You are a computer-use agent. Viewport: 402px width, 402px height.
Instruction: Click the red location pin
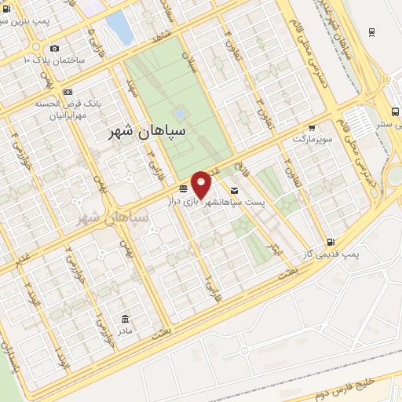point(201,183)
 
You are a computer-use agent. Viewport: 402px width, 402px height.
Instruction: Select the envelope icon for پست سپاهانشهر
point(235,191)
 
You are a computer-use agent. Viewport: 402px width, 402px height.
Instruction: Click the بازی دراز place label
point(180,202)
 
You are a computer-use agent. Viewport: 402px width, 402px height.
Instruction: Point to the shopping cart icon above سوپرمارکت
point(312,127)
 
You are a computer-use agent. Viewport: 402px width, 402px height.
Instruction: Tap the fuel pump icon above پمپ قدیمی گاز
point(331,242)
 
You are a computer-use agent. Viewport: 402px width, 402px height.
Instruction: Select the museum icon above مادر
point(125,318)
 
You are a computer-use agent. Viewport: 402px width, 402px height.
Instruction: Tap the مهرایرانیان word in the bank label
point(53,113)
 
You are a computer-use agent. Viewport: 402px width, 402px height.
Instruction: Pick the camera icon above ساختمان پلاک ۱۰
point(53,48)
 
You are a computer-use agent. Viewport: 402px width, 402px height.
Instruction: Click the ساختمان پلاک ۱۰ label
point(52,60)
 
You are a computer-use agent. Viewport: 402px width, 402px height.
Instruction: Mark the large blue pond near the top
point(119,28)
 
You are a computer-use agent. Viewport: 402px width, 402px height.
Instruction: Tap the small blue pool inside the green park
point(181,113)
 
